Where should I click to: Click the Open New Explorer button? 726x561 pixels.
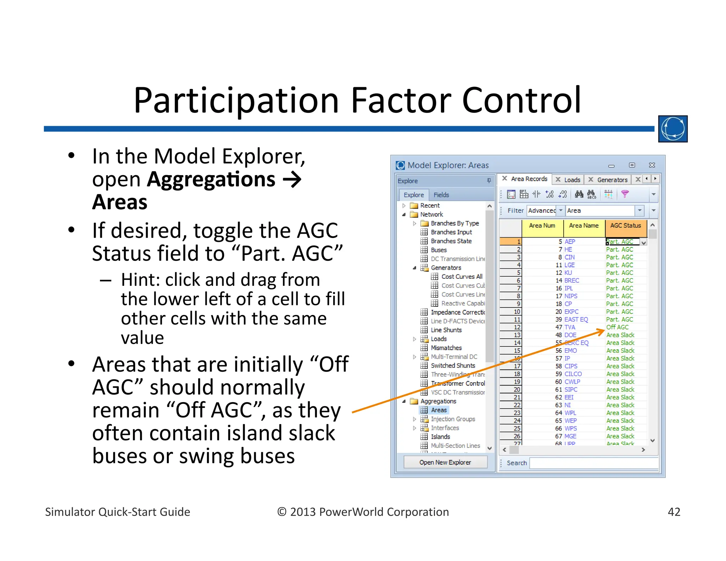(x=445, y=462)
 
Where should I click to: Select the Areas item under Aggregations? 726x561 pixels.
(x=439, y=410)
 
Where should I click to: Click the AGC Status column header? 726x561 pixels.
(x=625, y=226)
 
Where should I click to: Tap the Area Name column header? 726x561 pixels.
(x=583, y=226)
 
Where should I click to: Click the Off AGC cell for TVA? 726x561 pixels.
(x=617, y=327)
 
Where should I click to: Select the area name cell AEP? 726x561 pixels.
(x=570, y=241)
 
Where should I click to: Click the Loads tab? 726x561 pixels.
(x=572, y=180)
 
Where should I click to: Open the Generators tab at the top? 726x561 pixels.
(x=612, y=180)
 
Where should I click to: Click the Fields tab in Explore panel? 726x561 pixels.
(x=441, y=195)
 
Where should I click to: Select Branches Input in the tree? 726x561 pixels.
(x=451, y=232)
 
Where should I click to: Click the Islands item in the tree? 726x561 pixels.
(x=440, y=437)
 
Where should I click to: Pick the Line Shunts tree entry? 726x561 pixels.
(x=446, y=330)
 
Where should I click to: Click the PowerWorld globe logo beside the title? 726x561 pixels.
(x=672, y=129)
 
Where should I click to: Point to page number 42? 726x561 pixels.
(x=674, y=512)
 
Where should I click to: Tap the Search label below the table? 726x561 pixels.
(x=516, y=463)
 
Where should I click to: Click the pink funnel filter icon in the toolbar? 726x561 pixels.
(x=625, y=194)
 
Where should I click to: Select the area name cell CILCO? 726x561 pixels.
(x=573, y=374)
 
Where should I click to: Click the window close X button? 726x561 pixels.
(x=652, y=165)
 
